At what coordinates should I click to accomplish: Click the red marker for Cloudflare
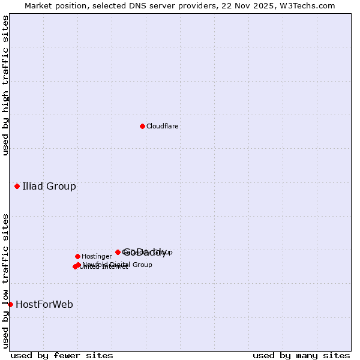tap(142, 126)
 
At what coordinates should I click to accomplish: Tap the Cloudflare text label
tap(163, 126)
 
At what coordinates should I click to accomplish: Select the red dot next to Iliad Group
tap(17, 186)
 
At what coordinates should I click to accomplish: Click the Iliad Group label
tap(49, 186)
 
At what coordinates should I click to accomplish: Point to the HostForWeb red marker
tap(10, 304)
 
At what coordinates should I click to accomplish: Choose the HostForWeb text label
tap(44, 304)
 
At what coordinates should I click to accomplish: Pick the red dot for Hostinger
tap(77, 256)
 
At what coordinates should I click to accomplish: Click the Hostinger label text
tap(97, 256)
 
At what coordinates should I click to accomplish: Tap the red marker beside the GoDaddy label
tap(118, 252)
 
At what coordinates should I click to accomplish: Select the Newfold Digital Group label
tap(118, 265)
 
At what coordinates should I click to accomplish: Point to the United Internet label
tap(104, 267)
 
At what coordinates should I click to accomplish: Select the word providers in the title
tap(187, 5)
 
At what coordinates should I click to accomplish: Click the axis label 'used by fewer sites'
tap(62, 355)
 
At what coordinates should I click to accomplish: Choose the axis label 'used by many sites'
tap(301, 355)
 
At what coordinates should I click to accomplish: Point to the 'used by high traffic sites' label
tap(5, 85)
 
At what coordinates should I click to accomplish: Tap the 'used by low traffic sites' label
tap(5, 281)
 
